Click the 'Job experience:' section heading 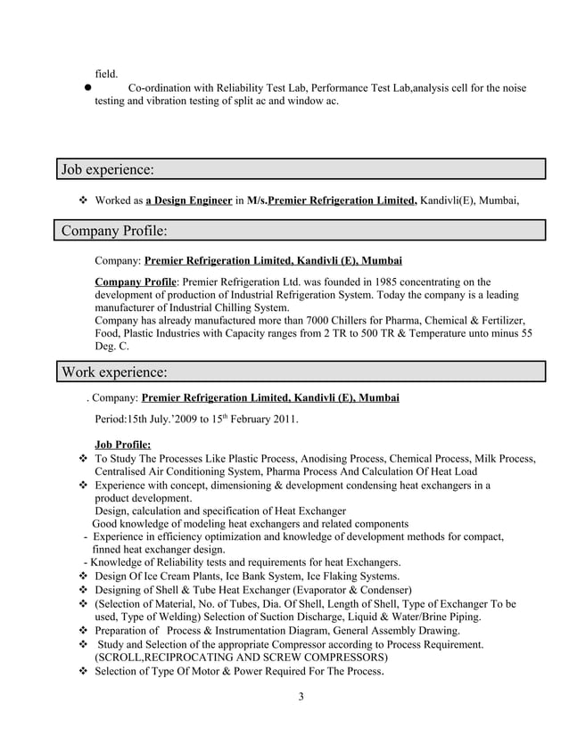[x=107, y=169]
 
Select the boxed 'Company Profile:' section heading [x=114, y=232]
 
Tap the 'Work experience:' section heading [x=113, y=371]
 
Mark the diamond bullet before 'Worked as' [x=84, y=200]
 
